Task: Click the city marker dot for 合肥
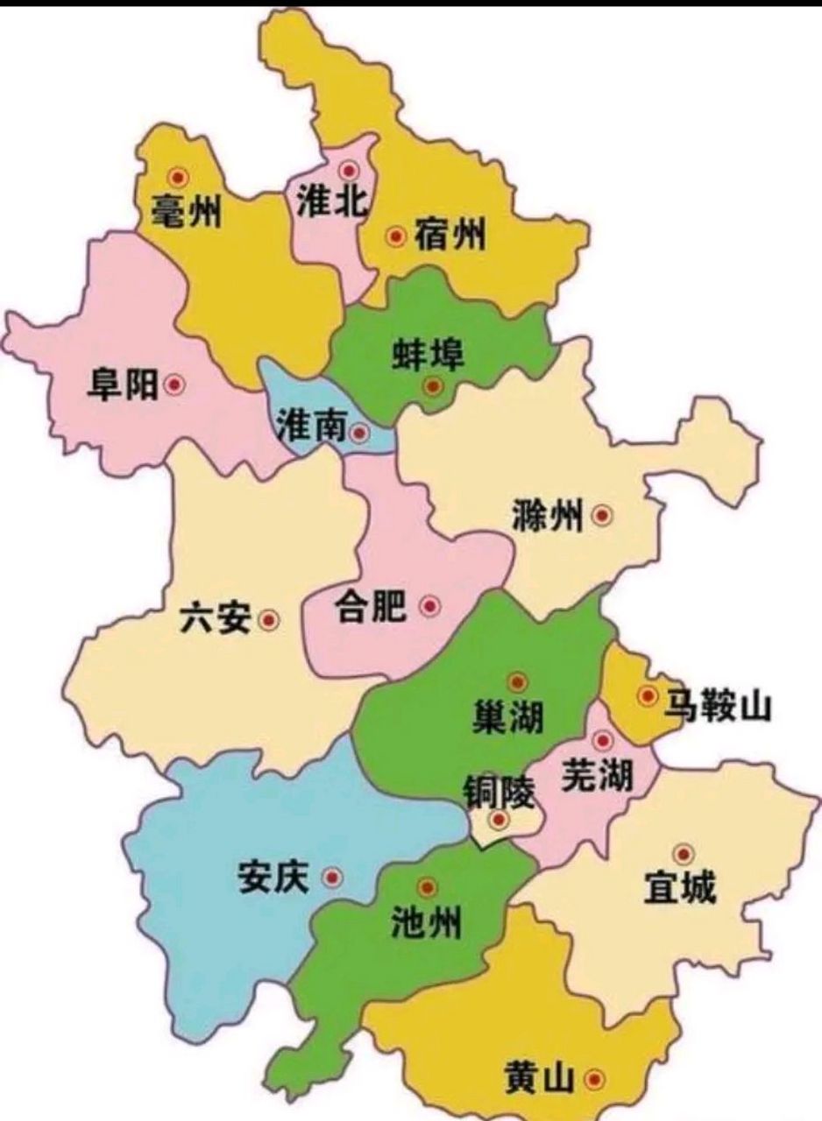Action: (x=429, y=605)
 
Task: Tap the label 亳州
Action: (x=186, y=211)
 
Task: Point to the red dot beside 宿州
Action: (x=397, y=236)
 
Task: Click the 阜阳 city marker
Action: (x=175, y=384)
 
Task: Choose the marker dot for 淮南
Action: (x=359, y=432)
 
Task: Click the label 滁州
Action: (x=547, y=517)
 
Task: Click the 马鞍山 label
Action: (x=717, y=703)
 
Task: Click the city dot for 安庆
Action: (x=332, y=878)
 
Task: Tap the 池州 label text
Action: (x=425, y=922)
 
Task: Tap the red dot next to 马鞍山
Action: (x=648, y=696)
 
